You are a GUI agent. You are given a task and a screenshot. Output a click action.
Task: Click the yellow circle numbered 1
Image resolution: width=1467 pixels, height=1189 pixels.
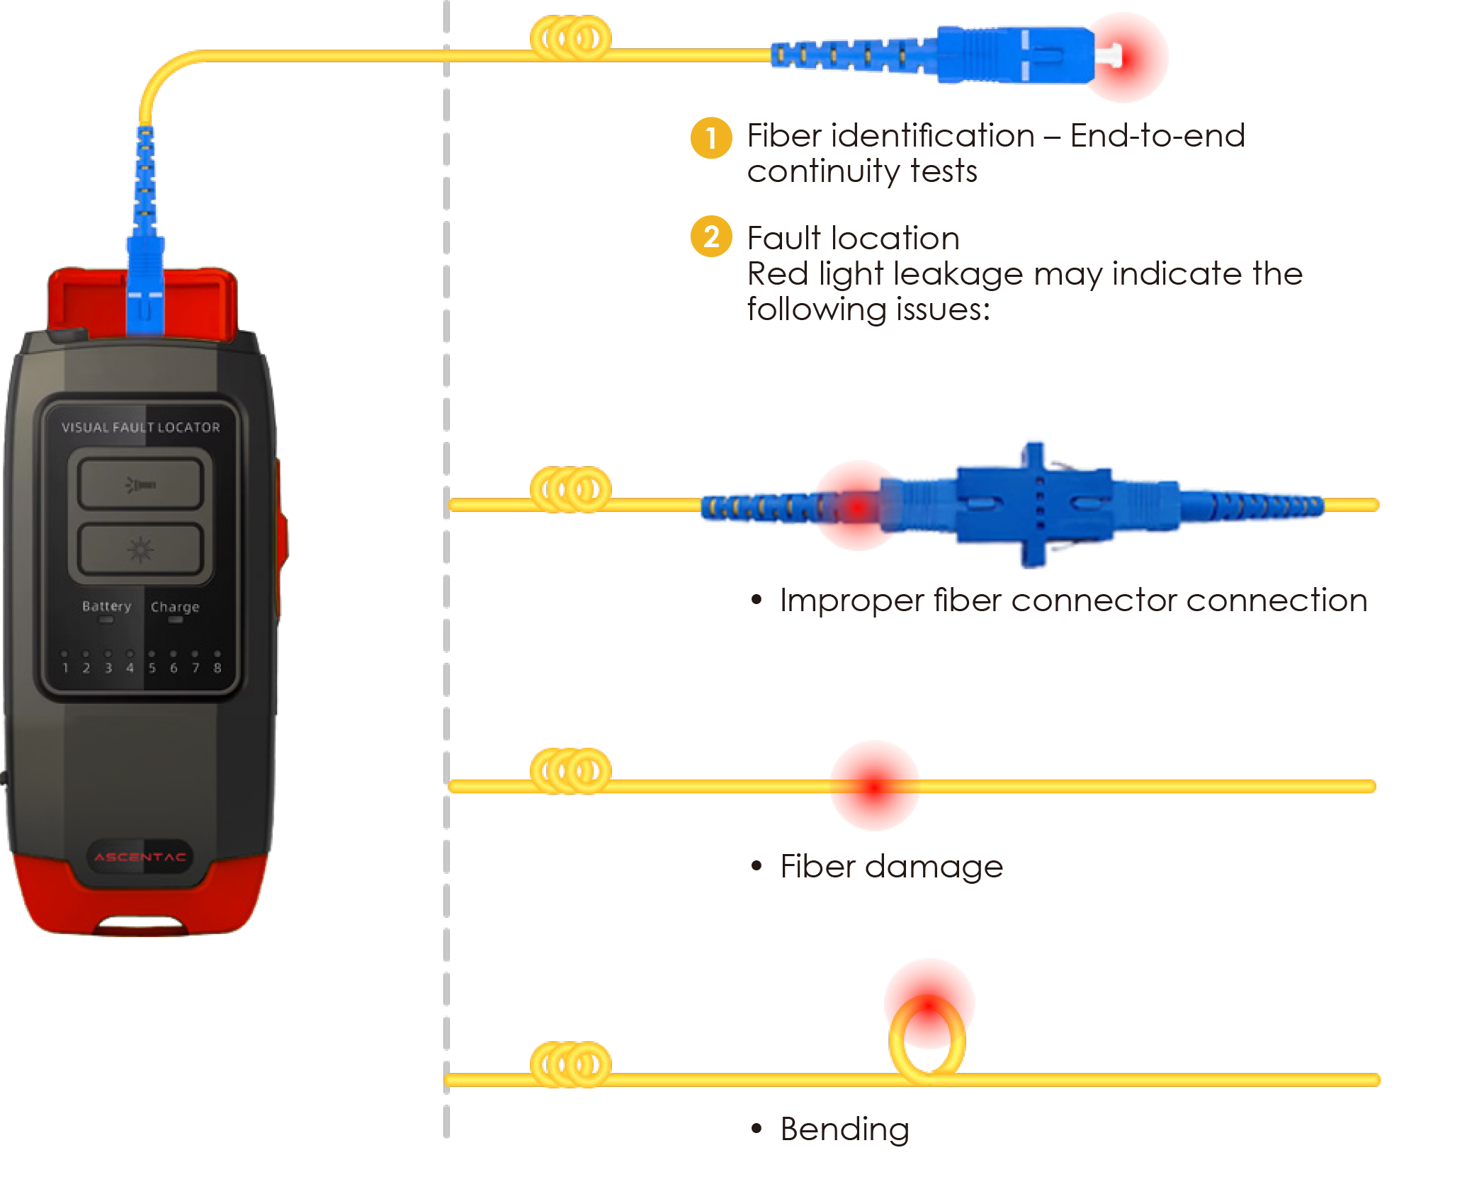click(710, 138)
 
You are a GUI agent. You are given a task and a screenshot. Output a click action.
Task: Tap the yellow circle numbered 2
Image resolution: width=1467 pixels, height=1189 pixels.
click(710, 237)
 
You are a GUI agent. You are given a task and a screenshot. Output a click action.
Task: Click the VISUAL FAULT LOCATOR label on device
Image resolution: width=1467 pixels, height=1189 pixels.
click(140, 428)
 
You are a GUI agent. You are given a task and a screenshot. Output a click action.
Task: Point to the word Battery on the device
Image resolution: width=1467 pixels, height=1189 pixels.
click(106, 606)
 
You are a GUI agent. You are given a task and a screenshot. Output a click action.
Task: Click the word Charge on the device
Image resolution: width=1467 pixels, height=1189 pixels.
click(174, 607)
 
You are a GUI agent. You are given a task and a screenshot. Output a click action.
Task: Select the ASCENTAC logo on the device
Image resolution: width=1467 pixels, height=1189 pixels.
click(140, 857)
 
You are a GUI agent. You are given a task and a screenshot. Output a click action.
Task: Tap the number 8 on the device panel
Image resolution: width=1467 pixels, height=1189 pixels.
click(217, 668)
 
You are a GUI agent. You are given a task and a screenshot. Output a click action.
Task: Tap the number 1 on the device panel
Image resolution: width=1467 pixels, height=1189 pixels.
click(65, 668)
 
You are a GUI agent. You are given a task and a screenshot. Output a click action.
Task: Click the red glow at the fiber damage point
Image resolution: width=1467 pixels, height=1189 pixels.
click(875, 786)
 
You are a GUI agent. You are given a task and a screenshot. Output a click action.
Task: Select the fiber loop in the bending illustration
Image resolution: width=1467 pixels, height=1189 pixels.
click(927, 1037)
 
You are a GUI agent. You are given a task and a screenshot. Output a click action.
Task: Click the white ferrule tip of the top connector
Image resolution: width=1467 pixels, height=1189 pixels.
click(1110, 55)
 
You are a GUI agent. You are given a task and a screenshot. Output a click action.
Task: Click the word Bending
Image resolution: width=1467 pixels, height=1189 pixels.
click(844, 1129)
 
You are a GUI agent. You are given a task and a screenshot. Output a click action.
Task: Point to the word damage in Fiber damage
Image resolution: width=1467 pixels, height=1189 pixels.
click(934, 867)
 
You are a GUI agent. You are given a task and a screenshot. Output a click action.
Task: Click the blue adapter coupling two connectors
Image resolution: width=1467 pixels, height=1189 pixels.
click(1034, 504)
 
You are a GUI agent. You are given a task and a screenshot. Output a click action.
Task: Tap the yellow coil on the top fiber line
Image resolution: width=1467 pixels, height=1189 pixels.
click(570, 38)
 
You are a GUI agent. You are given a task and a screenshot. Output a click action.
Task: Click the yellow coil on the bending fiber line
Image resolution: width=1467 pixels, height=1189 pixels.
click(570, 1064)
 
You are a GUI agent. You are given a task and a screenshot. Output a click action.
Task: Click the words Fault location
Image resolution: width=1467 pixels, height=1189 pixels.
click(853, 239)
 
